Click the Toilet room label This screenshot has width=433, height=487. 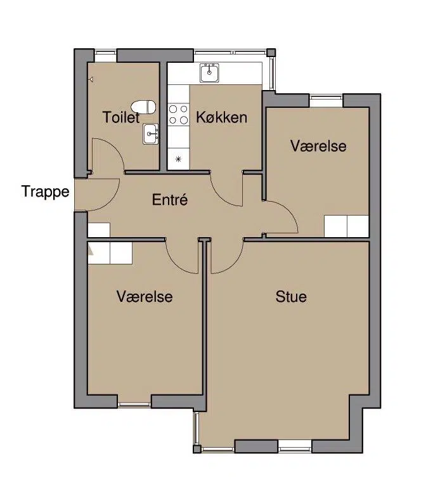coord(121,117)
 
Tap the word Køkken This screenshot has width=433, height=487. coord(222,117)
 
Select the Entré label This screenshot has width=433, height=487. coord(170,199)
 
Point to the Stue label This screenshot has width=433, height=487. coord(291,297)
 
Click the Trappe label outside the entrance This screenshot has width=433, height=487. coord(46,192)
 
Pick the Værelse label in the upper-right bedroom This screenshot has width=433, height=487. coord(318,146)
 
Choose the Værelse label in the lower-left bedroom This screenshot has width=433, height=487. coord(145,297)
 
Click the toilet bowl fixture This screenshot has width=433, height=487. coord(143,107)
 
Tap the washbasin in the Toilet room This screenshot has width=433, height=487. coord(151,134)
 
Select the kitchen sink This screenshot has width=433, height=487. coord(209,73)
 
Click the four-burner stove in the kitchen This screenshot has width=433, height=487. coord(179,114)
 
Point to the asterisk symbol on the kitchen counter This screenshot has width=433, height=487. coord(178,159)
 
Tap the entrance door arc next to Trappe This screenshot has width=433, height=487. coord(111,201)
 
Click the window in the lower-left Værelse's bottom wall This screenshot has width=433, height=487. coord(134,405)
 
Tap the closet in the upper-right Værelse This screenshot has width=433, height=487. coord(347,226)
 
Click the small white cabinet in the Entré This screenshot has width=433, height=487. coord(99,230)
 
